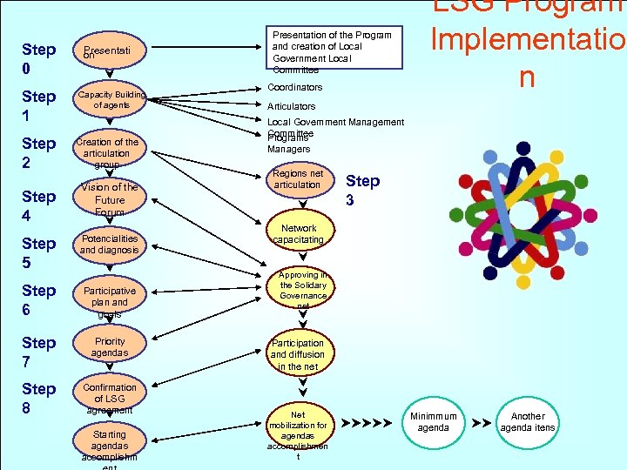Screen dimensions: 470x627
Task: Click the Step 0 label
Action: click(39, 58)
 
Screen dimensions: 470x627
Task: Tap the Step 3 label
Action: click(363, 191)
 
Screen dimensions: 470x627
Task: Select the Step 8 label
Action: click(39, 398)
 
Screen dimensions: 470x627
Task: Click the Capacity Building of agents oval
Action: click(111, 100)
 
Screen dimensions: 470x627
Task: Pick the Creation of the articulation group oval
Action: click(108, 152)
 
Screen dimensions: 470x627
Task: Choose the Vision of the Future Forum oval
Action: click(109, 199)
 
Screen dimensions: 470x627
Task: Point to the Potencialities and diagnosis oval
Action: click(110, 244)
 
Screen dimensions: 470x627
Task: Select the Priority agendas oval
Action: click(110, 347)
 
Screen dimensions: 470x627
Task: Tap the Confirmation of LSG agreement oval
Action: click(110, 398)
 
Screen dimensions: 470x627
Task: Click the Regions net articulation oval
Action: click(298, 178)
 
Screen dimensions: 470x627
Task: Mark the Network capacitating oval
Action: click(298, 233)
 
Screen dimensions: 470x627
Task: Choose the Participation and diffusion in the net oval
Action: click(298, 355)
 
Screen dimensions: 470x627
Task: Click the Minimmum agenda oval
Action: click(433, 421)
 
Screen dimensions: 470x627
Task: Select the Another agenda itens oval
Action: click(528, 421)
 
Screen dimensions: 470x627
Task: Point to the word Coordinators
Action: click(294, 87)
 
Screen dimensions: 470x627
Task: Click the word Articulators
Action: click(292, 106)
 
